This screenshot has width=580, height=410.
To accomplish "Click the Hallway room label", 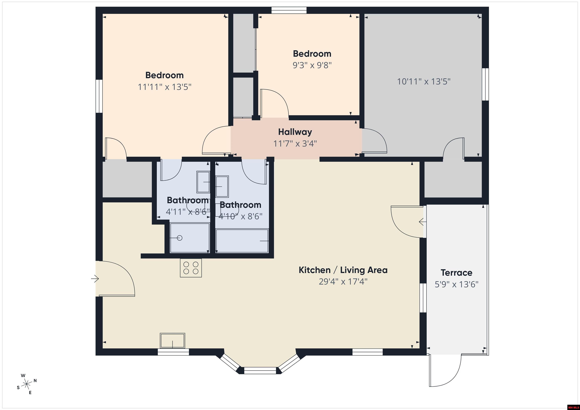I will coord(295,132).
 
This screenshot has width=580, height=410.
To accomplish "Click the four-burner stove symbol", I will coord(191,268).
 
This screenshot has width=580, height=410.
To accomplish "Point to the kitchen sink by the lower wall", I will coord(172,341).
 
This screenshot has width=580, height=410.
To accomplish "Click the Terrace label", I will coord(456,273).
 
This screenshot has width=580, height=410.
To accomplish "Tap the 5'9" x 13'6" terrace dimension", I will coord(456,285).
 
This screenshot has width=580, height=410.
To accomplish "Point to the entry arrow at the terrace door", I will coord(422,222).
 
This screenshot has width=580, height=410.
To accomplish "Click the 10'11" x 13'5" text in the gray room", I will coord(424,82).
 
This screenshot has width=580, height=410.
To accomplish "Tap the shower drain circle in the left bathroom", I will coord(180,238).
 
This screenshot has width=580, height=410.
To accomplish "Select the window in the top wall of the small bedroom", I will coord(289,10).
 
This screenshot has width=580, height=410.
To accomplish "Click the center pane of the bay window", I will coord(260,371).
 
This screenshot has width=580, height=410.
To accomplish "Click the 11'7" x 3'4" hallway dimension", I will coord(295,144).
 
